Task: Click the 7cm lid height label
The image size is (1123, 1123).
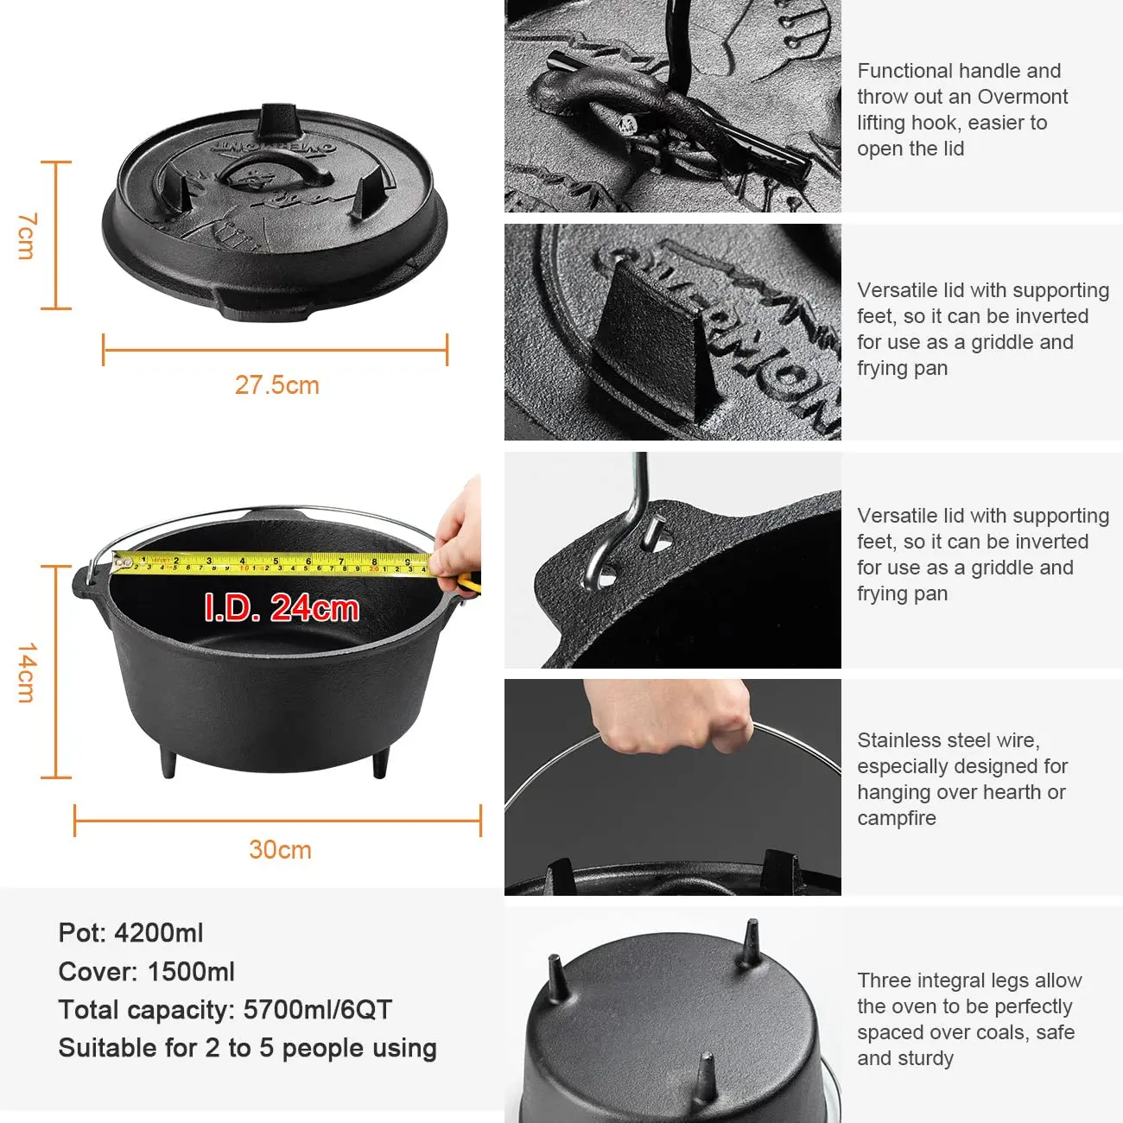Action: (x=27, y=236)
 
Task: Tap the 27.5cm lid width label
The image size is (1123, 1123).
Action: (x=276, y=385)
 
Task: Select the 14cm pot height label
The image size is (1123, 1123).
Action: (x=27, y=672)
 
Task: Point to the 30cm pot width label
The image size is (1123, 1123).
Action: (x=280, y=850)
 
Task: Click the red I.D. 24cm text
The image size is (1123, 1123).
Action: (x=281, y=608)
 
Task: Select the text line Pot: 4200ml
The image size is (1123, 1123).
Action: (x=130, y=933)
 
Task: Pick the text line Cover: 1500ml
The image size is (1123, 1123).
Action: (x=146, y=972)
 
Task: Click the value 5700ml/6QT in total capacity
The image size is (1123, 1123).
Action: (x=317, y=1010)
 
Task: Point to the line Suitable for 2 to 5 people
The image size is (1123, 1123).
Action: (x=247, y=1048)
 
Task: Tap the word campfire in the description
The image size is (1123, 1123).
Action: (x=896, y=818)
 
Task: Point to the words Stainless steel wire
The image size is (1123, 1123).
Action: (x=948, y=740)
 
